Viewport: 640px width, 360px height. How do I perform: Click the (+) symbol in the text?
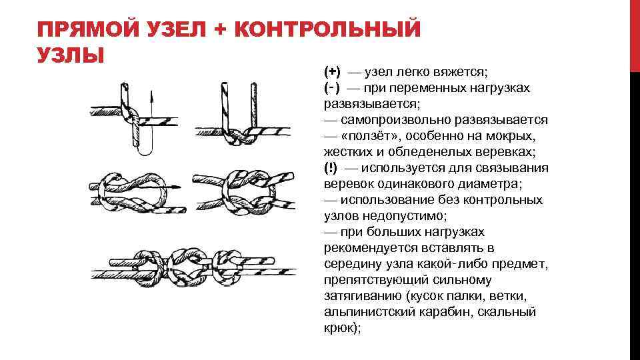332,72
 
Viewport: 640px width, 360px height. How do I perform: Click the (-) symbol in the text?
332,88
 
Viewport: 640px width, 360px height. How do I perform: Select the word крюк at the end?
339,328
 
